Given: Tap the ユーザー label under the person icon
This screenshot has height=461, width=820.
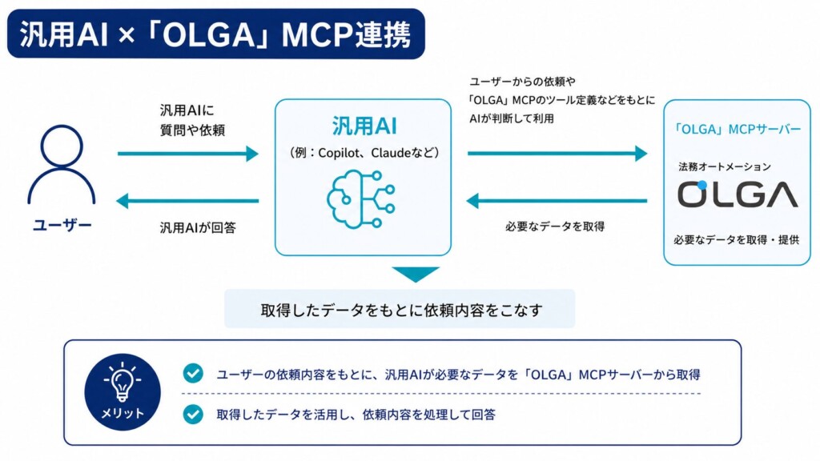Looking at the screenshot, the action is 62,225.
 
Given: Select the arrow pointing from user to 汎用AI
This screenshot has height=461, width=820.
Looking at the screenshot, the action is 188,154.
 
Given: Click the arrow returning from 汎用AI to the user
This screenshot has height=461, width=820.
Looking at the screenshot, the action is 187,201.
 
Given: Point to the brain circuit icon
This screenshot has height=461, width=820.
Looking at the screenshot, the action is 361,199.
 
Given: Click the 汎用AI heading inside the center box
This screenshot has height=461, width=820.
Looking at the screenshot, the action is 364,126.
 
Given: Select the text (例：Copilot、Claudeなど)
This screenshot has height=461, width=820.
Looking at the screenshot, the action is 364,153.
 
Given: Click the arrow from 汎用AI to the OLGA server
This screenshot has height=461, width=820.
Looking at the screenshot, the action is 557,154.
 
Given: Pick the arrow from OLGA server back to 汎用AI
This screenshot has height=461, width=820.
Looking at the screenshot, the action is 557,201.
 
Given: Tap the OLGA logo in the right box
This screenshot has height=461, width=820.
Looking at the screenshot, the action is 738,194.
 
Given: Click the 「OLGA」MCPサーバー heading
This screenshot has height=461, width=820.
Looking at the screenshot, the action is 737,129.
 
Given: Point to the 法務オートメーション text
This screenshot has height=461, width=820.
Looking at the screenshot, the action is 724,166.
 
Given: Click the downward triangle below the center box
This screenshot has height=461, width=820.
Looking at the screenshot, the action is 416,275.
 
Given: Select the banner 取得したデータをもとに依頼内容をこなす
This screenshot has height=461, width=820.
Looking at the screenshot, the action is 400,309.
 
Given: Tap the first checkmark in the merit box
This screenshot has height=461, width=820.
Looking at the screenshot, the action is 193,373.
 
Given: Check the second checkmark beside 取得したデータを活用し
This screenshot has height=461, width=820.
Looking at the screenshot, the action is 193,414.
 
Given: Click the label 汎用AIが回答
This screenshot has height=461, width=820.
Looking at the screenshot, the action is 198,227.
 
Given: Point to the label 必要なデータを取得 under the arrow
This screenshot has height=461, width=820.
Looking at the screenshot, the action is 555,226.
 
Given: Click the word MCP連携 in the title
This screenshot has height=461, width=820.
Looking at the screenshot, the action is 346,35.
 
